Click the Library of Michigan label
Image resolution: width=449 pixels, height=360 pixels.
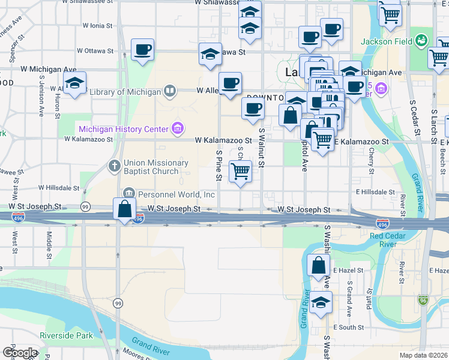(x=125, y=92)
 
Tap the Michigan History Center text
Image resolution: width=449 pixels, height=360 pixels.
(x=124, y=128)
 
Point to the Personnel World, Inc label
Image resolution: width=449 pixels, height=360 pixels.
(x=176, y=194)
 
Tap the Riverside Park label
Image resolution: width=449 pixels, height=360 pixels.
(x=66, y=335)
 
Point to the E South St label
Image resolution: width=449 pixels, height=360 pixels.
(x=348, y=328)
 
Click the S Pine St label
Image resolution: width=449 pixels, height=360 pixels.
(x=219, y=168)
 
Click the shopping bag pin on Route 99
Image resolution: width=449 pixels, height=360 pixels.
(x=124, y=209)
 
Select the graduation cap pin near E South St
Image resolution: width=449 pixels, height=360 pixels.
(x=321, y=302)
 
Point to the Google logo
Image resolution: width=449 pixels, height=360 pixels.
(x=20, y=353)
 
